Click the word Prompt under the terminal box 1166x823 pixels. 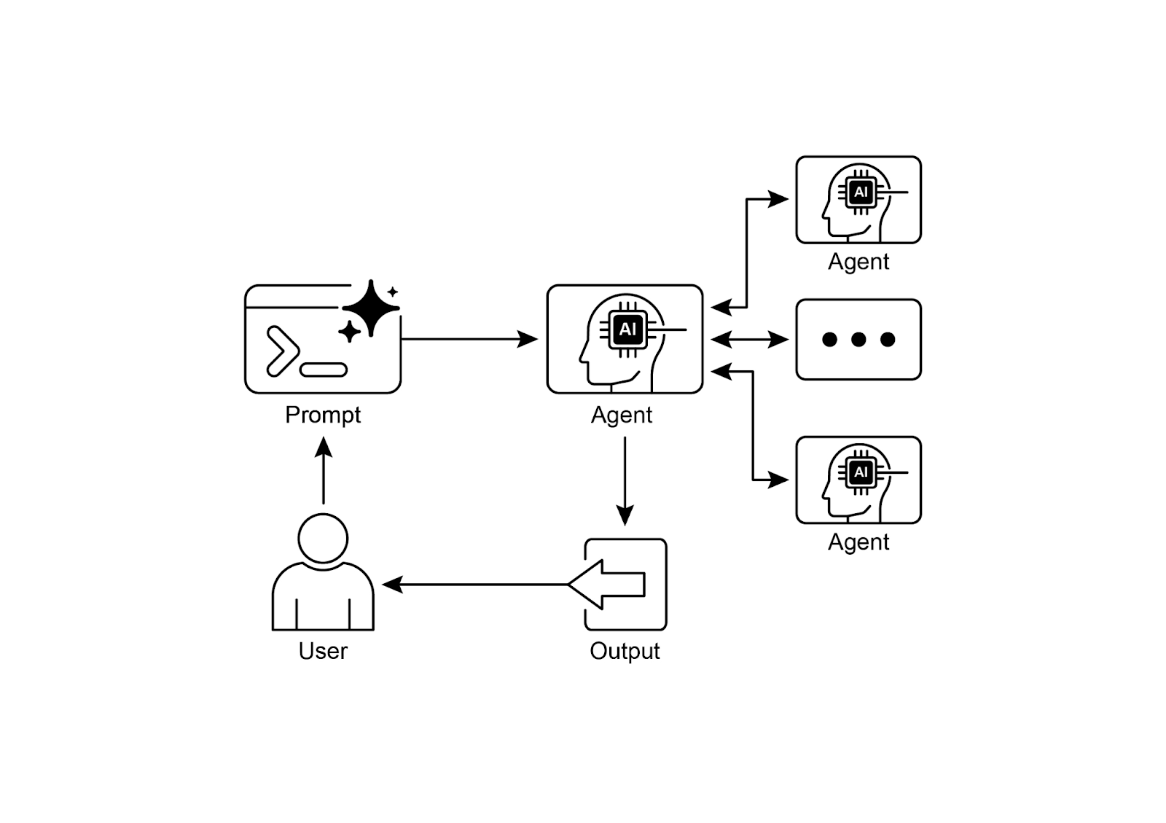pos(323,415)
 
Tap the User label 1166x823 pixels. pos(323,650)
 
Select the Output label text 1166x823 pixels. pos(625,650)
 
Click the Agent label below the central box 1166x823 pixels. pos(622,415)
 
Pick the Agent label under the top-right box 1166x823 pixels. pos(858,262)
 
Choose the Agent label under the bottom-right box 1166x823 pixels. pos(858,542)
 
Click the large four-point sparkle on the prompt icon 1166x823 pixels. pos(371,308)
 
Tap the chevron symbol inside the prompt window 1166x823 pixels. pos(282,351)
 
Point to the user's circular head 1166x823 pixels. pos(323,538)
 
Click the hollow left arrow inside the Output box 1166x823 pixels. pos(609,584)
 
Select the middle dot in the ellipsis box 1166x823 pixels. pos(858,339)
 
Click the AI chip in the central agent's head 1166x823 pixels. pos(627,329)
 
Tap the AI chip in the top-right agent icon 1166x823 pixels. pos(861,192)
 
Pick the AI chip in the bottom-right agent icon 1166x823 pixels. pos(861,472)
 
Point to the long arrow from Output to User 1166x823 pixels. pos(474,584)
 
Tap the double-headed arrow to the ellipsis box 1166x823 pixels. pos(750,339)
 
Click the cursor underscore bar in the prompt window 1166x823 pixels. pos(324,370)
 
